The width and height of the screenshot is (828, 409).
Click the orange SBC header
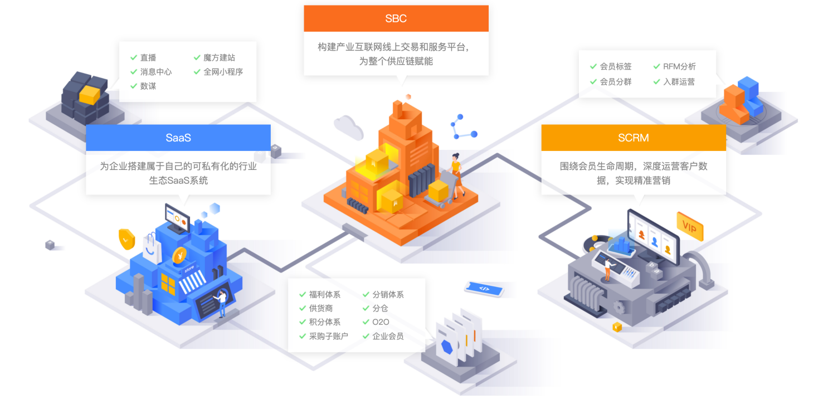pos(396,18)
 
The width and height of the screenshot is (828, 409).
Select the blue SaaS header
pos(178,138)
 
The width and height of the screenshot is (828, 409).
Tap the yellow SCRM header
pos(634,138)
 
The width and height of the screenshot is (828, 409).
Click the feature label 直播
pos(148,57)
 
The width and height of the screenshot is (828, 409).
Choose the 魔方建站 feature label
pos(219,57)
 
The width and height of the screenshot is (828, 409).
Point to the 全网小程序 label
pos(223,72)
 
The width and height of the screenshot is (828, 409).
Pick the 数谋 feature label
pos(148,86)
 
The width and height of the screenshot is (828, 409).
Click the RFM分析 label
pos(679,66)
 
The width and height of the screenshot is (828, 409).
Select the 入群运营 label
pos(679,81)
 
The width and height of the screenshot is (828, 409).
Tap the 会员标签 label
pos(616,66)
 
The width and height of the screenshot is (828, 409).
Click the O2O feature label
pos(381,322)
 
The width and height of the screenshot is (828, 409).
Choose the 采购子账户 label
pos(328,336)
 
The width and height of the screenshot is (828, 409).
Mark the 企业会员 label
pos(388,336)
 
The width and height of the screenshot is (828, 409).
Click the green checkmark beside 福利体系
pos(303,294)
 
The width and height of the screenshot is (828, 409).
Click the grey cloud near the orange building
pos(348,128)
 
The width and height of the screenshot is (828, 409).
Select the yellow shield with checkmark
pos(127,238)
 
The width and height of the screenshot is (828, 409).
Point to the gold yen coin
pos(179,255)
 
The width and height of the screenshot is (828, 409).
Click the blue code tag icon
pos(484,288)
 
